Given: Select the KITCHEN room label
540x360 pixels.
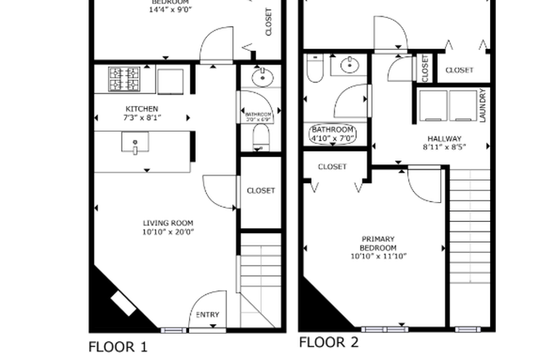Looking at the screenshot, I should [x=142, y=109].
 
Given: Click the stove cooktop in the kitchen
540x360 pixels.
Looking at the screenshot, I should [x=124, y=79].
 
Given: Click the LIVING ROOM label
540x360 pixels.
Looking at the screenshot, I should [x=169, y=223].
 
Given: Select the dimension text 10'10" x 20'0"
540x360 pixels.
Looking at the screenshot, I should [x=169, y=232].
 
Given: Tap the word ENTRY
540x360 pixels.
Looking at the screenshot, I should [x=208, y=314].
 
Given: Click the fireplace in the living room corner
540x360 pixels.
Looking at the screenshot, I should [x=123, y=302].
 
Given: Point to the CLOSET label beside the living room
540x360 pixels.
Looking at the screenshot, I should [x=261, y=191].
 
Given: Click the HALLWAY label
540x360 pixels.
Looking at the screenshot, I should [x=442, y=139].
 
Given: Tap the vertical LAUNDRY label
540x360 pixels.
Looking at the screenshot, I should [x=483, y=106].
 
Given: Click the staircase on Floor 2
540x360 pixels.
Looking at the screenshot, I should [x=470, y=245].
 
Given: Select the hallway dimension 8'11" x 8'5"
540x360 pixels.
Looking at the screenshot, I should [x=442, y=148].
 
